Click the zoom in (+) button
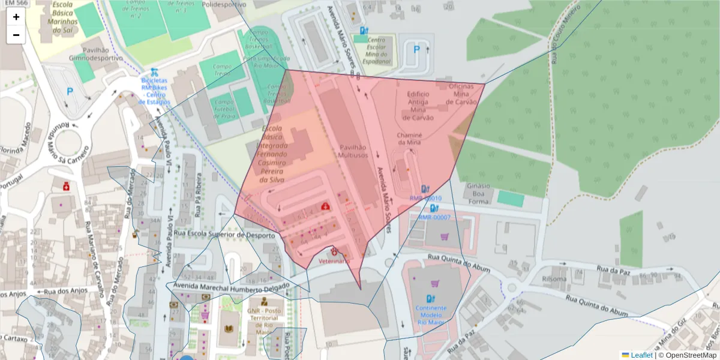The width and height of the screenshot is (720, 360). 16,17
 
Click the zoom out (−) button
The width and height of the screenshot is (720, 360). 16,35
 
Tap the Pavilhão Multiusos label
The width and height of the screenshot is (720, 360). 353,151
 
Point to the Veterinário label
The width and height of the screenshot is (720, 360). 334,261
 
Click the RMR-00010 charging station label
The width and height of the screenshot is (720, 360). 425,198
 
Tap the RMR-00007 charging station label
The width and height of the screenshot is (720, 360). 434,217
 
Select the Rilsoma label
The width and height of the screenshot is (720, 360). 554,279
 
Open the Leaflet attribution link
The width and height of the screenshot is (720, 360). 641,355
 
